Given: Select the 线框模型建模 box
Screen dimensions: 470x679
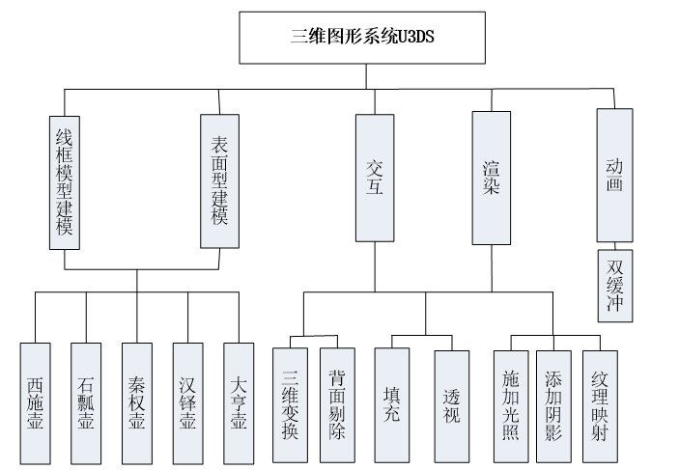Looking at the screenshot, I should click(64, 181).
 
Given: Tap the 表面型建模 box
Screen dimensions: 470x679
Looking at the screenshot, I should click(218, 181).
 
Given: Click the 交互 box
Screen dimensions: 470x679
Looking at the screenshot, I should click(375, 177).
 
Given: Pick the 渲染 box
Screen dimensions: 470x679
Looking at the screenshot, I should click(491, 177).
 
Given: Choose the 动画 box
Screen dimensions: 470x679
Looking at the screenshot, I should click(614, 174).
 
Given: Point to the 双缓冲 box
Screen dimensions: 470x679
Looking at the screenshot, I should click(614, 285).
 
